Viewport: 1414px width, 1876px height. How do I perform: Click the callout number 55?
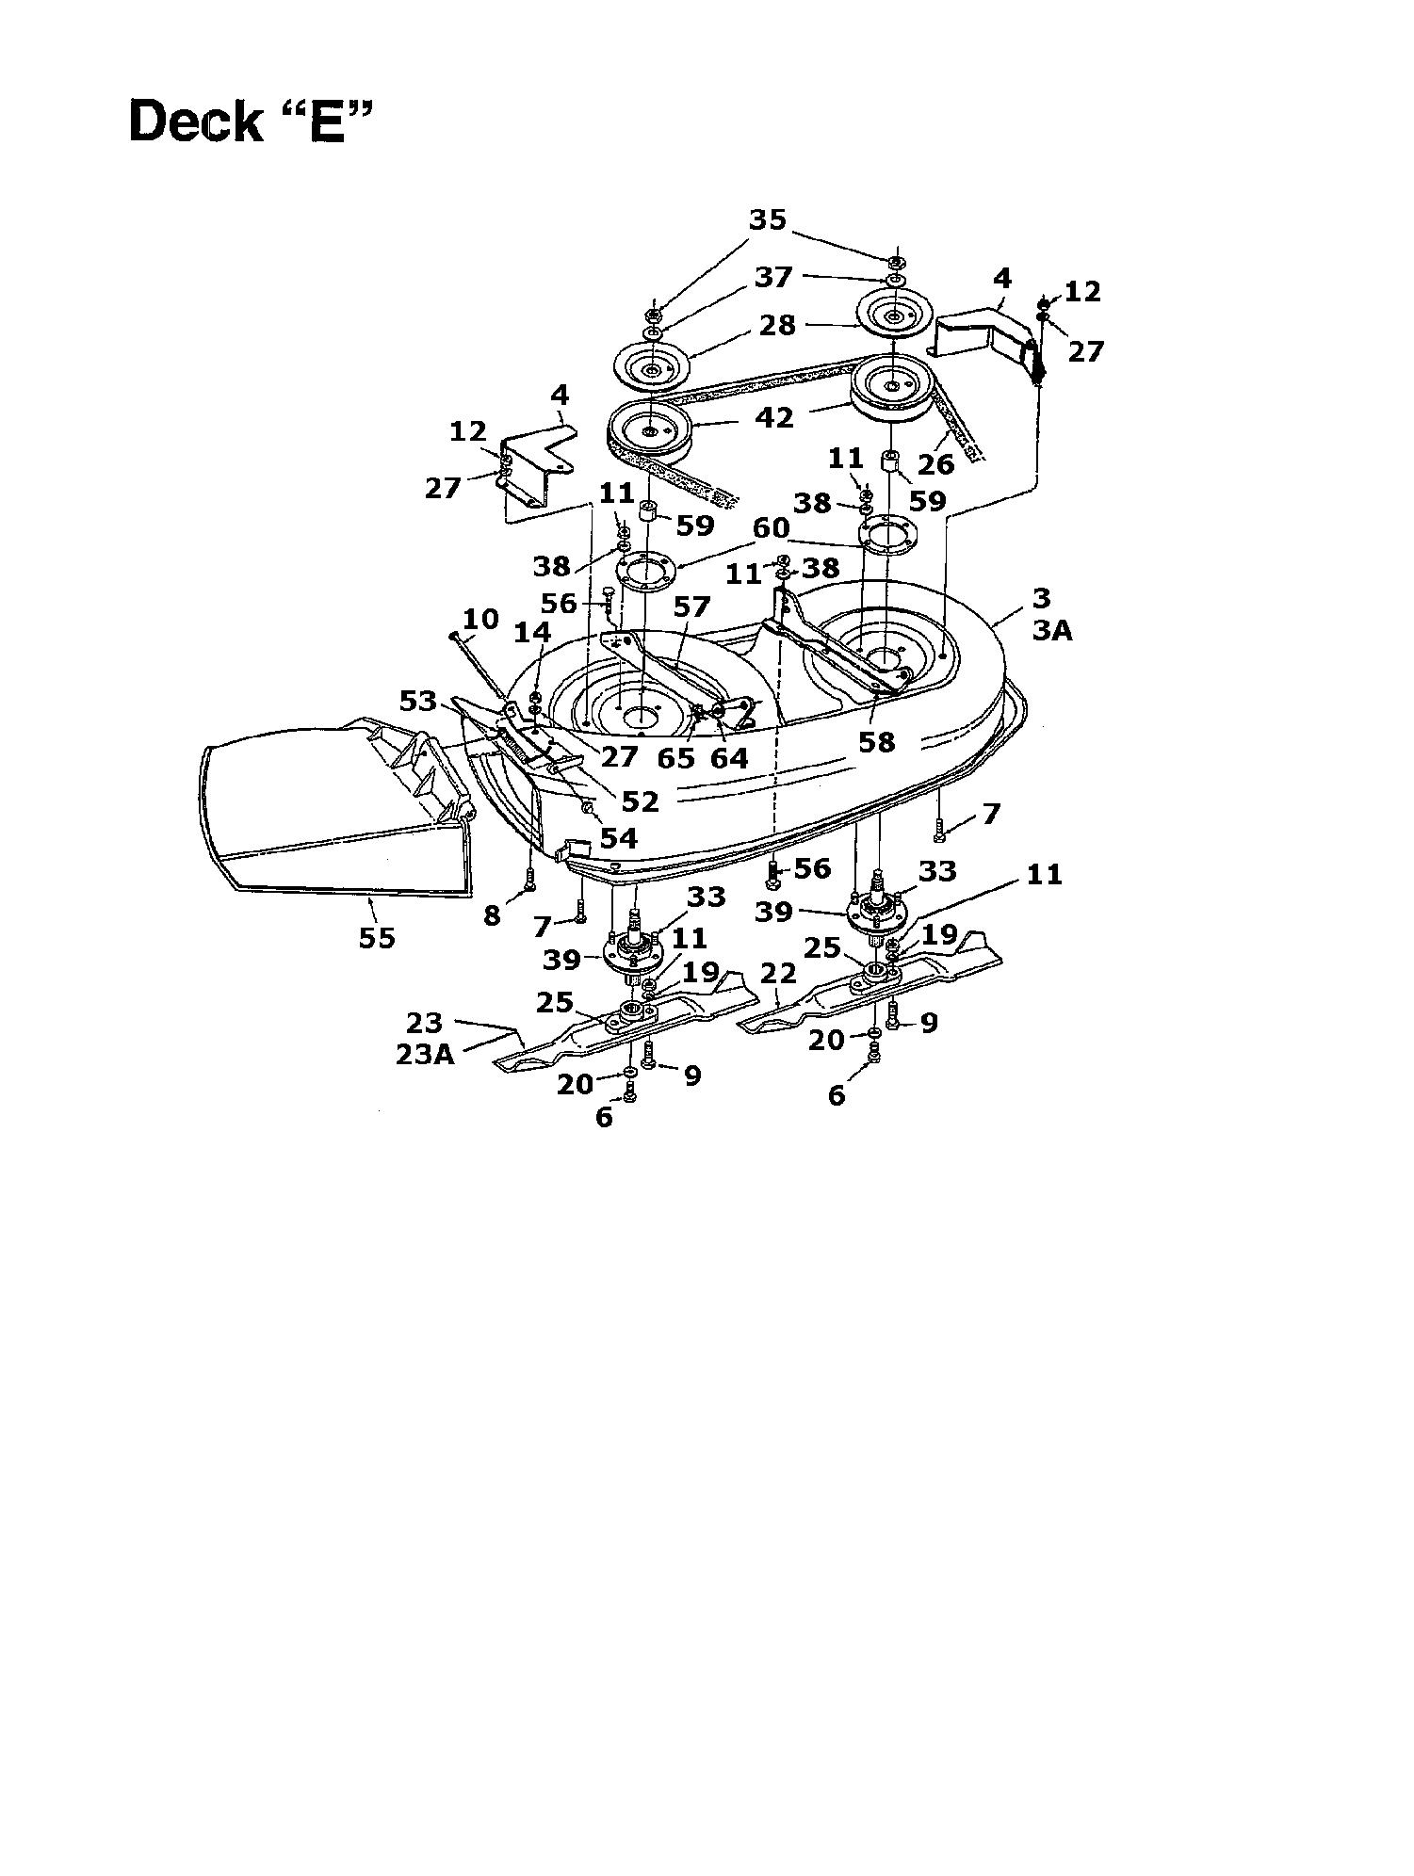tap(377, 938)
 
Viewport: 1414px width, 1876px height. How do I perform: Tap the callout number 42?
tap(775, 416)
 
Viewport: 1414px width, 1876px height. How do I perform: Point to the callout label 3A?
tap(1052, 630)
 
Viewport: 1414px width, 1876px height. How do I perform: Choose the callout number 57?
tap(691, 606)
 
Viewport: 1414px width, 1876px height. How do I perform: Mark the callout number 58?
tap(876, 741)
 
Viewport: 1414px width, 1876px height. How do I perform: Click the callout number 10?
tap(480, 619)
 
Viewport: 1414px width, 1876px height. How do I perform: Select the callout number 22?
tap(778, 973)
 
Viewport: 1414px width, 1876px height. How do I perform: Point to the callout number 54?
tap(618, 837)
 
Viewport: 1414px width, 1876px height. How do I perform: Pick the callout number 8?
tap(492, 914)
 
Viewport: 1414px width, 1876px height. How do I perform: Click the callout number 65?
tap(676, 757)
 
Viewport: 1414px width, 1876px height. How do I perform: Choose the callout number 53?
tap(419, 701)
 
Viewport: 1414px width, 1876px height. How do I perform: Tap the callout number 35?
tap(767, 219)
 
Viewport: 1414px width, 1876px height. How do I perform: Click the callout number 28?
tap(777, 325)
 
